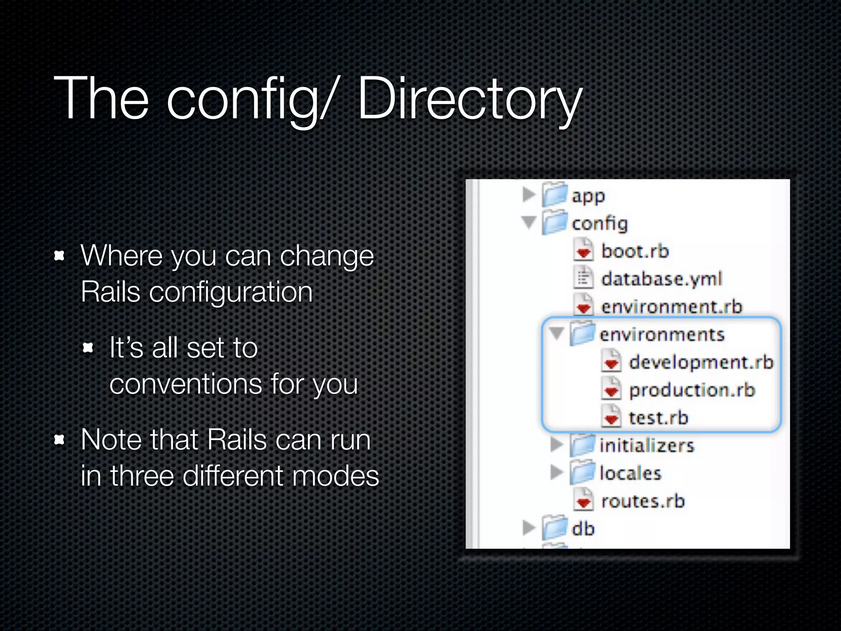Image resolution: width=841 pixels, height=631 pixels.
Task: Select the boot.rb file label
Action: click(x=635, y=251)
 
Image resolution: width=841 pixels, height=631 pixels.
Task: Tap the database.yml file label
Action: click(x=661, y=279)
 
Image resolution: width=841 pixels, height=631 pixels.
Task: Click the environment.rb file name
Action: click(x=671, y=307)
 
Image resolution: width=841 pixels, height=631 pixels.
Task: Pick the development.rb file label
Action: click(x=701, y=362)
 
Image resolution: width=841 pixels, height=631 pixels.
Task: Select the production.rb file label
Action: click(x=692, y=390)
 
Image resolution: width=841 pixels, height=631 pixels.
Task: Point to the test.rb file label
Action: click(x=658, y=418)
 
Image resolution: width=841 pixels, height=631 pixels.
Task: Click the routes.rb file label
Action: click(x=643, y=501)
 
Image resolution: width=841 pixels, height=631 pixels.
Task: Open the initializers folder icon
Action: click(x=582, y=445)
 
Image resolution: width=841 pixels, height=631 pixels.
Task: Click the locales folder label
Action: click(x=630, y=473)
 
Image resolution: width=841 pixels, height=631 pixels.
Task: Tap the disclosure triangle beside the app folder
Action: click(x=529, y=194)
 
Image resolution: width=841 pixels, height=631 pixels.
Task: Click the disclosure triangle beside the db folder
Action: click(x=529, y=527)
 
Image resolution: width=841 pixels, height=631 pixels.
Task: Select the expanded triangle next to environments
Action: click(x=557, y=333)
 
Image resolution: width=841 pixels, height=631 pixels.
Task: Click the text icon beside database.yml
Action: click(x=583, y=278)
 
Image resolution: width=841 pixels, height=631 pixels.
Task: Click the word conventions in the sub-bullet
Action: click(x=186, y=385)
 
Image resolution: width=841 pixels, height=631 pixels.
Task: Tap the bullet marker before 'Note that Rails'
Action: click(x=60, y=440)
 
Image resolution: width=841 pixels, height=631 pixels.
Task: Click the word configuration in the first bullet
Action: click(x=231, y=292)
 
